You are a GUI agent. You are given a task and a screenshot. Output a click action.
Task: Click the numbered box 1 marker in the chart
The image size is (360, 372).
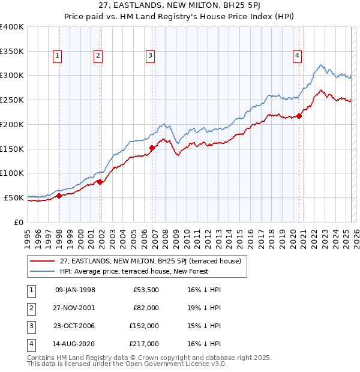[58, 56]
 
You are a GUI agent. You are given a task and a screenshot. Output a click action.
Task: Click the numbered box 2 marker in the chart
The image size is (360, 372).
[98, 56]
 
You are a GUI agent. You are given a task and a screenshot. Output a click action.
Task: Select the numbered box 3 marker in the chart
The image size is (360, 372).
[150, 56]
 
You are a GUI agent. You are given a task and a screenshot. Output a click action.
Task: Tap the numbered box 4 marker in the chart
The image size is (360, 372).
[297, 56]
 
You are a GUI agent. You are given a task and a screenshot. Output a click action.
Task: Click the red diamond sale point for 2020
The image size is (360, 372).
[299, 116]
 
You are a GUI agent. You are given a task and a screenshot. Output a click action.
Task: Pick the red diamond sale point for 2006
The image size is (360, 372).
[152, 148]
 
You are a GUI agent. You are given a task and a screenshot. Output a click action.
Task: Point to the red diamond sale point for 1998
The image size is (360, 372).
[59, 196]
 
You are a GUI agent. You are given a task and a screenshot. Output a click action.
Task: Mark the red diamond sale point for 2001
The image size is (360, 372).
[100, 182]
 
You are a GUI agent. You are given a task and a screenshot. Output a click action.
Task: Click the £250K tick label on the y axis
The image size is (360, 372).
[12, 100]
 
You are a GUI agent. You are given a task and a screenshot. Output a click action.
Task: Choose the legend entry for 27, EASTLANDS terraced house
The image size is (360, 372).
[142, 261]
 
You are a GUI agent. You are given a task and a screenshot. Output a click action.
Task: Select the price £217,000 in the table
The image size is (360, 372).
[144, 344]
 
